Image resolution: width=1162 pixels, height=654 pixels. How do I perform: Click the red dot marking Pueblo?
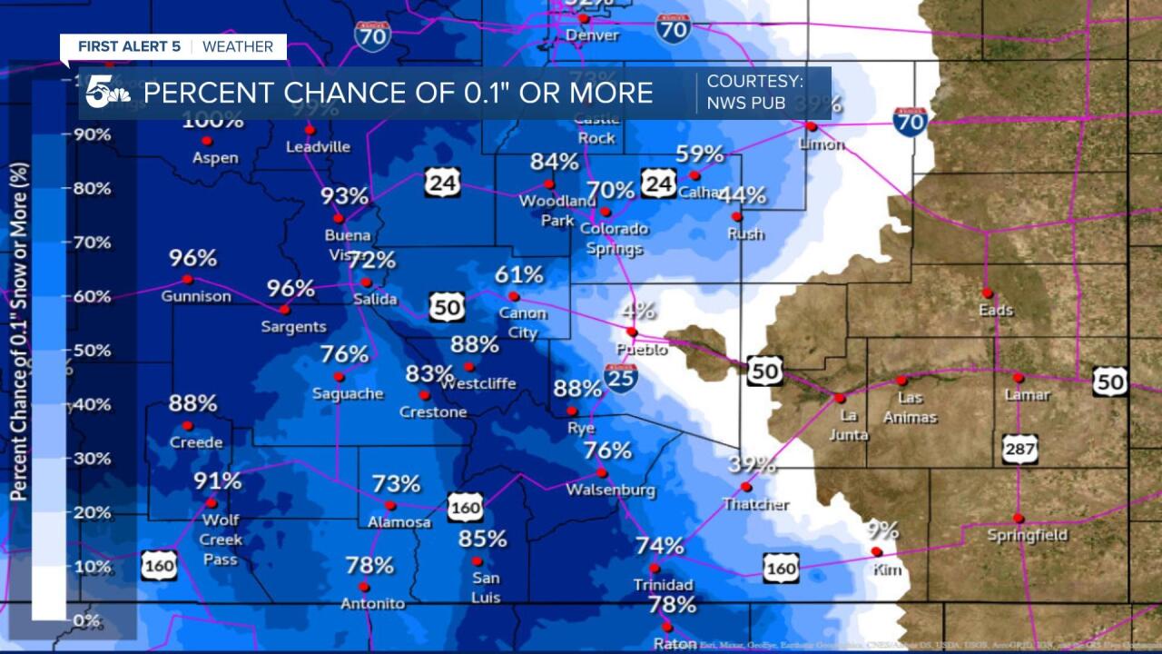pyautogui.click(x=631, y=332)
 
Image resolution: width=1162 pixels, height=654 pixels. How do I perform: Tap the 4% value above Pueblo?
pyautogui.click(x=638, y=309)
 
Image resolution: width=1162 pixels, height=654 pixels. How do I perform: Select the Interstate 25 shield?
pyautogui.click(x=621, y=375)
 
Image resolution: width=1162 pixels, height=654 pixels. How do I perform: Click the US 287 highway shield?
pyautogui.click(x=1020, y=449)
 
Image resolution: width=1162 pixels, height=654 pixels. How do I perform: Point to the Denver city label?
pyautogui.click(x=592, y=35)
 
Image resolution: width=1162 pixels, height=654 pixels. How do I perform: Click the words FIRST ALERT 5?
pyautogui.click(x=129, y=46)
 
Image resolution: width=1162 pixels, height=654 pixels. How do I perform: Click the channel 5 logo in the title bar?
pyautogui.click(x=107, y=93)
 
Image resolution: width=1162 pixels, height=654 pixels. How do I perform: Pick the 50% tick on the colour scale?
pyautogui.click(x=92, y=351)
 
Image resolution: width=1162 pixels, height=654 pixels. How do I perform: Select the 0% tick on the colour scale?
pyautogui.click(x=86, y=620)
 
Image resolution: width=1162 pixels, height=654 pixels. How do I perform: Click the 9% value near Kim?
pyautogui.click(x=881, y=530)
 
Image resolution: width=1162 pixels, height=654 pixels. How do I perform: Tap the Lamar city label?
pyautogui.click(x=1028, y=395)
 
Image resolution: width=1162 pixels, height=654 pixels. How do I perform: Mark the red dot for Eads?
pyautogui.click(x=987, y=292)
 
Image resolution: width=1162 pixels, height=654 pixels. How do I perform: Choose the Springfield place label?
pyautogui.click(x=1028, y=535)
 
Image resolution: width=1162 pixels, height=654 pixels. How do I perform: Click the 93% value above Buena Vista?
pyautogui.click(x=344, y=196)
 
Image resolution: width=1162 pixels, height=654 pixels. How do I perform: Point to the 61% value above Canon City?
pyautogui.click(x=519, y=274)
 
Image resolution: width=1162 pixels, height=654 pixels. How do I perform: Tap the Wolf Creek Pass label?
pyautogui.click(x=221, y=540)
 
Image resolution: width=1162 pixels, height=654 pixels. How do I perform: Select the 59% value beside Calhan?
pyautogui.click(x=700, y=154)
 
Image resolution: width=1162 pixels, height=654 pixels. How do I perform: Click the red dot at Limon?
pyautogui.click(x=812, y=126)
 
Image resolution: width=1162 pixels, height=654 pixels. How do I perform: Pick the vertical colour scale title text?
pyautogui.click(x=19, y=332)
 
